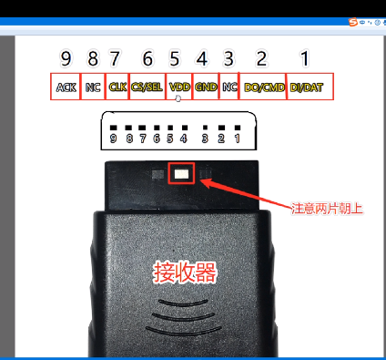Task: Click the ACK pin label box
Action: click(x=66, y=87)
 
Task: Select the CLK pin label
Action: click(x=117, y=87)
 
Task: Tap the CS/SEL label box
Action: click(x=147, y=87)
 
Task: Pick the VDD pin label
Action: click(x=178, y=87)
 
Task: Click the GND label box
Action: click(x=206, y=87)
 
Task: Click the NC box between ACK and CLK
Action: click(x=93, y=87)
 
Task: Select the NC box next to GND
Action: click(x=229, y=87)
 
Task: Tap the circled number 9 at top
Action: click(x=66, y=58)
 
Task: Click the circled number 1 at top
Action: click(x=305, y=58)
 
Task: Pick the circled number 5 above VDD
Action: click(x=176, y=58)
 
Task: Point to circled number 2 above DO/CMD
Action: click(x=261, y=58)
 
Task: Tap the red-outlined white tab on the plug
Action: click(x=181, y=171)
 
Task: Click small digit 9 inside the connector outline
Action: click(x=114, y=139)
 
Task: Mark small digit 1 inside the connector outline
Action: click(x=237, y=139)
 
